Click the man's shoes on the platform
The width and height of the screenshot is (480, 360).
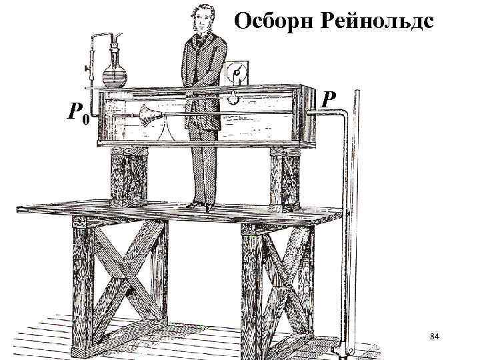pyautogui.click(x=200, y=205)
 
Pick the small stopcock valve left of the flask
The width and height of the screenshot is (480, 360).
pyautogui.click(x=87, y=69)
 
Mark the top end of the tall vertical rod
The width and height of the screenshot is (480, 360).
pyautogui.click(x=356, y=92)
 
